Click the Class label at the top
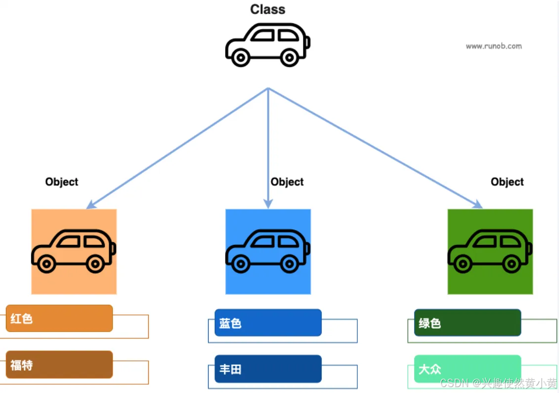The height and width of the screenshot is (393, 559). coord(267,9)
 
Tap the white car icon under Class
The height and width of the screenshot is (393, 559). coord(267,44)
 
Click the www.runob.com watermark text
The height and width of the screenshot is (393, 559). coord(493,46)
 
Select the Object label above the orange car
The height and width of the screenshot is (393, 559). coord(62,182)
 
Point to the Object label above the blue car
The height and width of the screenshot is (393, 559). coord(287,182)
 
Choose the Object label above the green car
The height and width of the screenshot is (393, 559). coord(507,182)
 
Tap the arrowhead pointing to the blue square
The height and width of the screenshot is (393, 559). coord(268,204)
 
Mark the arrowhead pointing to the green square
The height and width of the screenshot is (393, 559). coord(478,205)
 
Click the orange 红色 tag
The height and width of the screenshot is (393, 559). coord(59,318)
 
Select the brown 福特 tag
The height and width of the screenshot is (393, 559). coord(59,365)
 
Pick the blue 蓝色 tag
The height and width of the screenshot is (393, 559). coord(268,323)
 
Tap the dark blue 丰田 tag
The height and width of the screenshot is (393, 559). coord(268,369)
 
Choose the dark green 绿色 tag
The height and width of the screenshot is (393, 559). coord(468,323)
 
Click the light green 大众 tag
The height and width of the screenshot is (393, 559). coord(468,369)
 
